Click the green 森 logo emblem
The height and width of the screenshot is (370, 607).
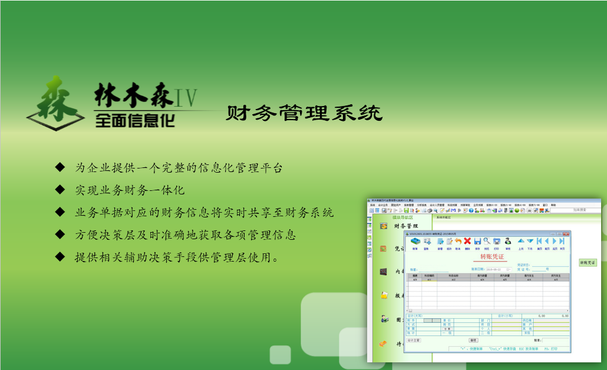point(56,103)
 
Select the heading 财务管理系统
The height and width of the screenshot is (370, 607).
point(304,113)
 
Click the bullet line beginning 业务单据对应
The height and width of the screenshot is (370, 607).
point(204,212)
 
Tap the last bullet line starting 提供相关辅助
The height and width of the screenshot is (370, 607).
point(176,257)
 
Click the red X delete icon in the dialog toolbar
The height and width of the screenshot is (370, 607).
point(467,240)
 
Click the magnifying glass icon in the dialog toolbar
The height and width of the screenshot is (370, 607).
point(487,240)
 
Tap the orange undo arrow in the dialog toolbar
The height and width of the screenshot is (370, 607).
point(458,240)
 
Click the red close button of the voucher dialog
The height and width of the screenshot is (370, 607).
point(566,233)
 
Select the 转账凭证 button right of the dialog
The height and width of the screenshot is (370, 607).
point(588,262)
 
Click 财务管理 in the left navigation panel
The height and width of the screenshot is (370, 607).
point(405,226)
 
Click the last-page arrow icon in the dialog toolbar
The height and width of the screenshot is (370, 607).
point(562,240)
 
